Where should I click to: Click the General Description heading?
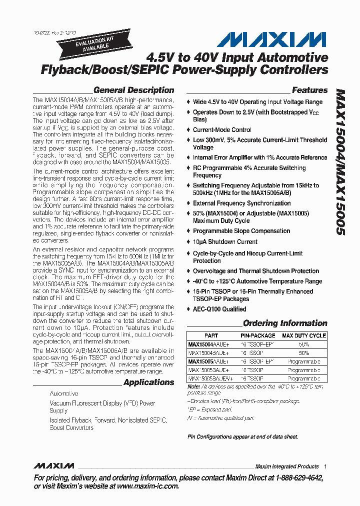click(x=133, y=90)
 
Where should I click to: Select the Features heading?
click(x=309, y=90)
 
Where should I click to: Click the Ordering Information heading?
click(x=285, y=323)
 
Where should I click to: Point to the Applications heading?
click(x=148, y=382)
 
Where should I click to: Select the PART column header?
click(x=211, y=335)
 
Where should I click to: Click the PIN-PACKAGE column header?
click(x=257, y=335)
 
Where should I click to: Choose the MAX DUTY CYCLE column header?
click(x=303, y=335)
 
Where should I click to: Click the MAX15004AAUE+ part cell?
click(x=208, y=344)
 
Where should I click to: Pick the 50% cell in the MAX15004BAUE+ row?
click(x=303, y=352)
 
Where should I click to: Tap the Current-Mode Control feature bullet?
click(x=222, y=130)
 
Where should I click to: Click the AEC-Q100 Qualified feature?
click(x=219, y=309)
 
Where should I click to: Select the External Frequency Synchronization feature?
click(x=241, y=203)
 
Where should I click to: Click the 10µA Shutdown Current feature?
click(x=225, y=242)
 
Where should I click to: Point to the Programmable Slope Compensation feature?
click(x=241, y=231)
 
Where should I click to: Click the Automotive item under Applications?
click(x=63, y=394)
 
